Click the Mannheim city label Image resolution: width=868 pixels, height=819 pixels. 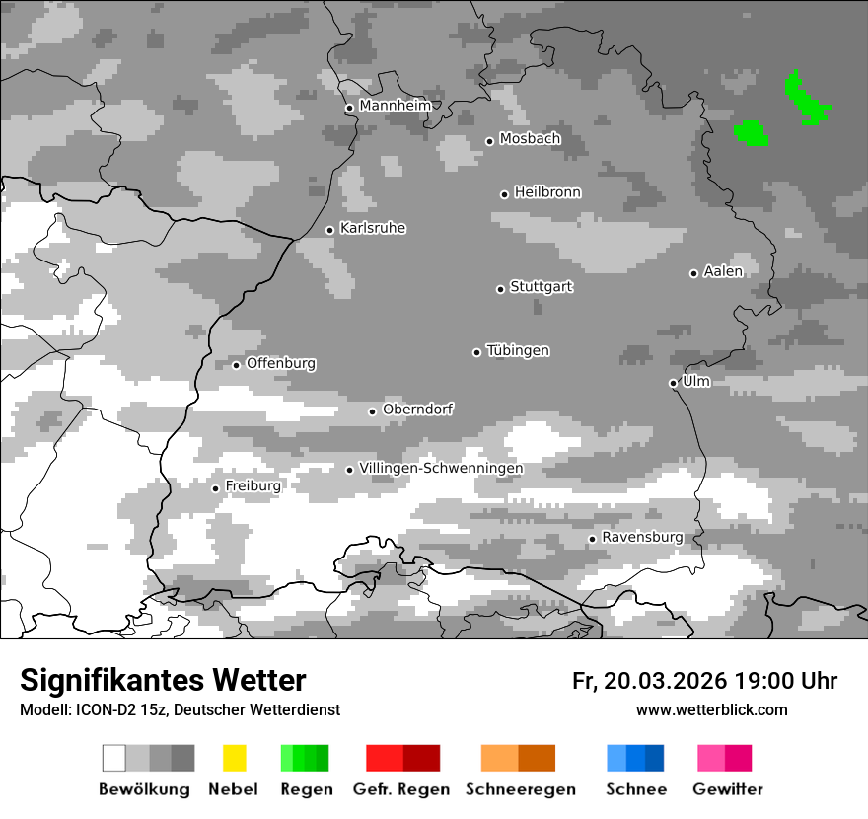click(x=395, y=106)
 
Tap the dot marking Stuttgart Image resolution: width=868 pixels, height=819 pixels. click(x=500, y=289)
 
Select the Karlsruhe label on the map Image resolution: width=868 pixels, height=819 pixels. click(x=373, y=228)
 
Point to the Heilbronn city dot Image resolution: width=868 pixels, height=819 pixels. click(x=504, y=194)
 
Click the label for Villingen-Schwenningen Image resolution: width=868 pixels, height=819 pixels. click(x=441, y=468)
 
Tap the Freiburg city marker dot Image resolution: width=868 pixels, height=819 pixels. click(x=215, y=488)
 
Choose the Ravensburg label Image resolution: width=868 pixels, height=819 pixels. click(x=642, y=538)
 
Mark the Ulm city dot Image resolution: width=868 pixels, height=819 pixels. click(x=673, y=384)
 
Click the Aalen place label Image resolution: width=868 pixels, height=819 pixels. click(x=723, y=271)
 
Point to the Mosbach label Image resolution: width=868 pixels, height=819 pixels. click(x=530, y=139)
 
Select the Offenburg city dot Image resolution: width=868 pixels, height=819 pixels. click(x=236, y=365)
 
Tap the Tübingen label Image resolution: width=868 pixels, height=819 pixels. click(x=518, y=350)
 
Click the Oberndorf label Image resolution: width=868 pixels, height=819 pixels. click(x=418, y=409)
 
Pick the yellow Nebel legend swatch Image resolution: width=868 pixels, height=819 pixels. click(x=235, y=758)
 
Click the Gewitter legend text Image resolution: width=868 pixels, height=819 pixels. click(x=728, y=789)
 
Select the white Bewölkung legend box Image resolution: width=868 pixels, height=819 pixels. click(x=114, y=758)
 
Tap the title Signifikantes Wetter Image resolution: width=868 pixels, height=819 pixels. click(x=163, y=680)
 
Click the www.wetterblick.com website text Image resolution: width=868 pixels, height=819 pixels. click(x=711, y=709)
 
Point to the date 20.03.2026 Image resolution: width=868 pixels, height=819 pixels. click(x=666, y=681)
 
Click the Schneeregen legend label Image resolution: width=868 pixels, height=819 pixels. click(x=521, y=789)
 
